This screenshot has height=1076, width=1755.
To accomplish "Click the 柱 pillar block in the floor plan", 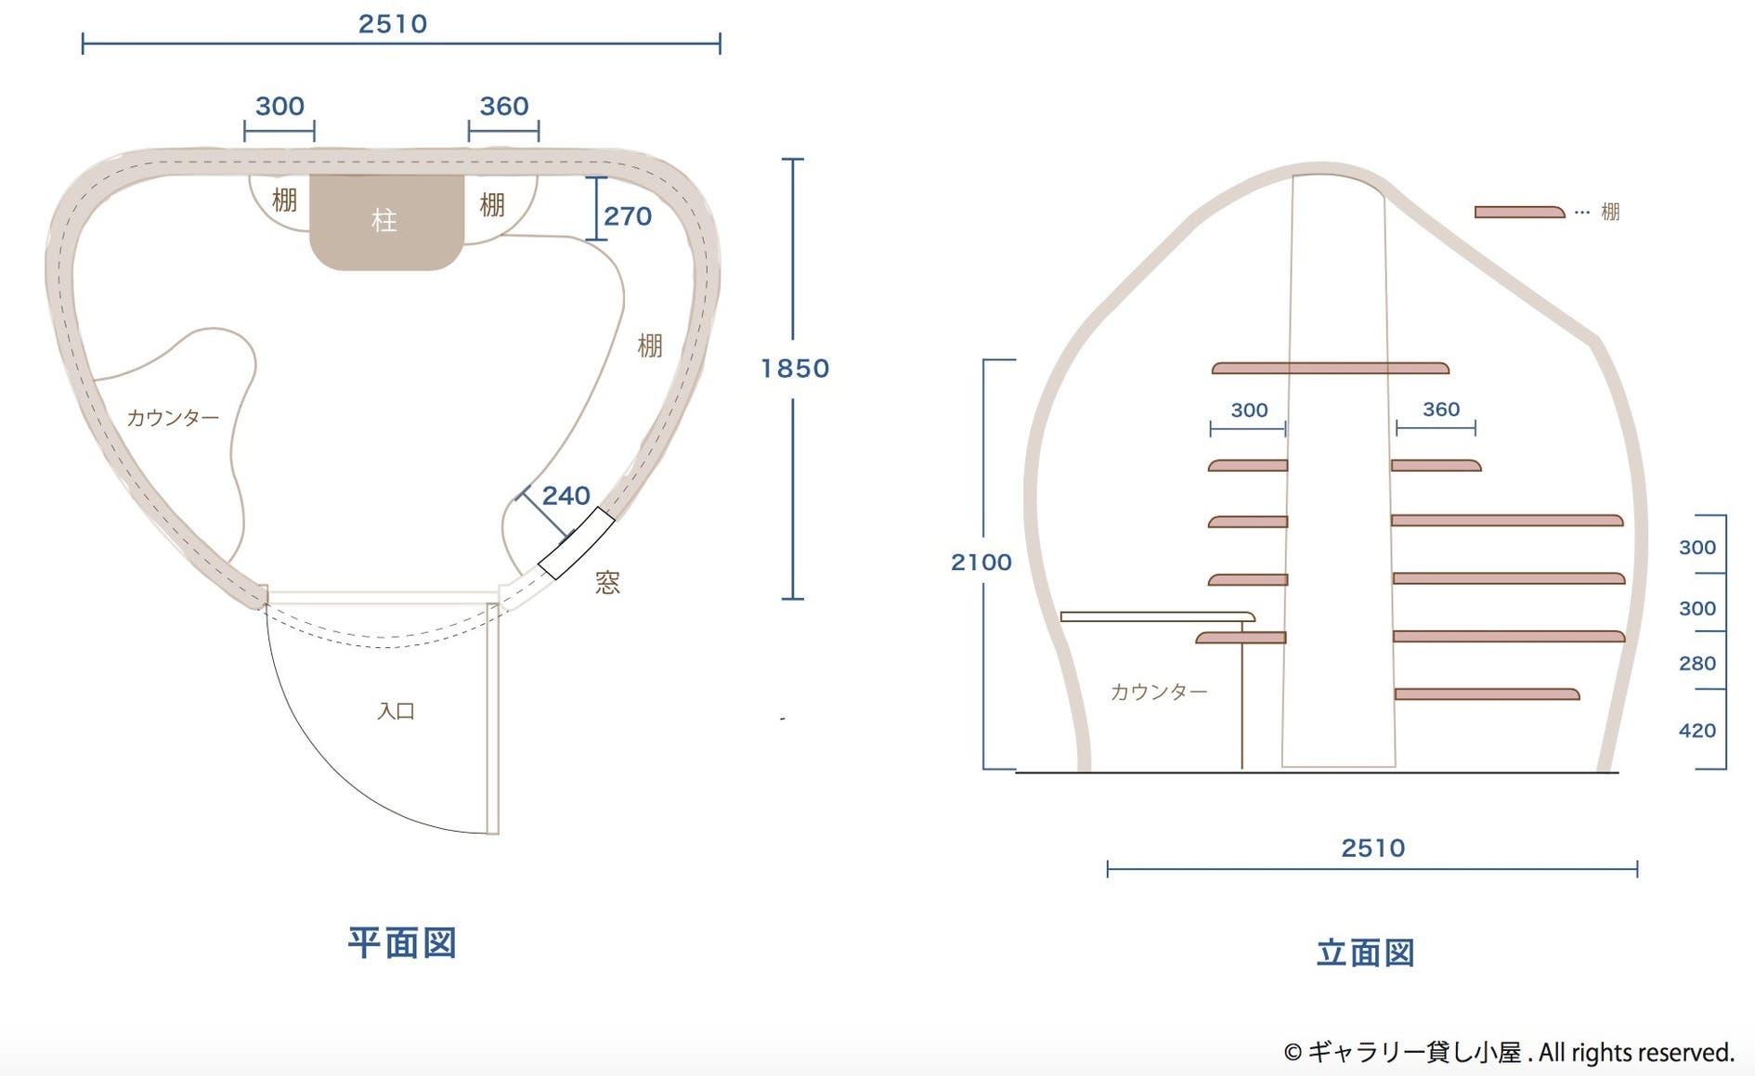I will tap(386, 220).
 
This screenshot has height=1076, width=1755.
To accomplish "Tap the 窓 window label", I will tap(607, 582).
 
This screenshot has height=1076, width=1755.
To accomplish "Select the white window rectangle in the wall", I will tap(577, 543).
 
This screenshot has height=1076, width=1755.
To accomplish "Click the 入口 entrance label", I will tap(396, 711).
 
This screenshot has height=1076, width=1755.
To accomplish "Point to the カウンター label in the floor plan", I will tap(173, 418).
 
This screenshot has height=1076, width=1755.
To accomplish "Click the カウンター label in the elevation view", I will tap(1159, 692).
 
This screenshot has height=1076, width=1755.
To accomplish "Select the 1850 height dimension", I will tap(794, 369).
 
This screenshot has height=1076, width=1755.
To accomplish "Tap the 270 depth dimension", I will tap(628, 216).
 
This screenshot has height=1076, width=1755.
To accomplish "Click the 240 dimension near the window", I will tap(565, 496).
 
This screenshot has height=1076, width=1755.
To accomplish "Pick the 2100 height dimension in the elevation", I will tap(981, 562).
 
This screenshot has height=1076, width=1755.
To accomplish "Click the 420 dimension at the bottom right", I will tap(1696, 731).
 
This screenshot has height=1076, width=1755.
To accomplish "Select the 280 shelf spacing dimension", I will tap(1696, 664).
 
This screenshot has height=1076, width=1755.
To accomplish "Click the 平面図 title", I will tap(402, 942).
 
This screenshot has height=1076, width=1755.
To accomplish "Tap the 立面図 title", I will tap(1365, 953).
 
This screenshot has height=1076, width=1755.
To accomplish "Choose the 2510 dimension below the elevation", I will tap(1372, 848).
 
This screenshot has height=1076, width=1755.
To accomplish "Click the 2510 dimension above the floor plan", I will tap(393, 24).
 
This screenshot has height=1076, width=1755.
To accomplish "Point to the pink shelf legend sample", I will tap(1519, 213).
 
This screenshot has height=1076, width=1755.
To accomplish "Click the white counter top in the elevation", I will tap(1157, 616).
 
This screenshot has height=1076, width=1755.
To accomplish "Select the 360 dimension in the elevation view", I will tap(1440, 409).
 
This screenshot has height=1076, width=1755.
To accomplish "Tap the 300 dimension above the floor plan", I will tap(279, 107).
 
